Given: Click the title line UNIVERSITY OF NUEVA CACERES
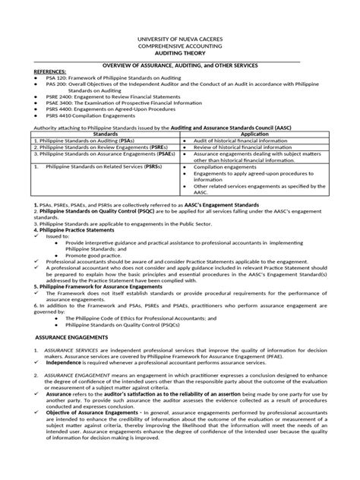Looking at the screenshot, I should [x=180, y=39].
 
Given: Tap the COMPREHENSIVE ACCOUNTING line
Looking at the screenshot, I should [x=180, y=46].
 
